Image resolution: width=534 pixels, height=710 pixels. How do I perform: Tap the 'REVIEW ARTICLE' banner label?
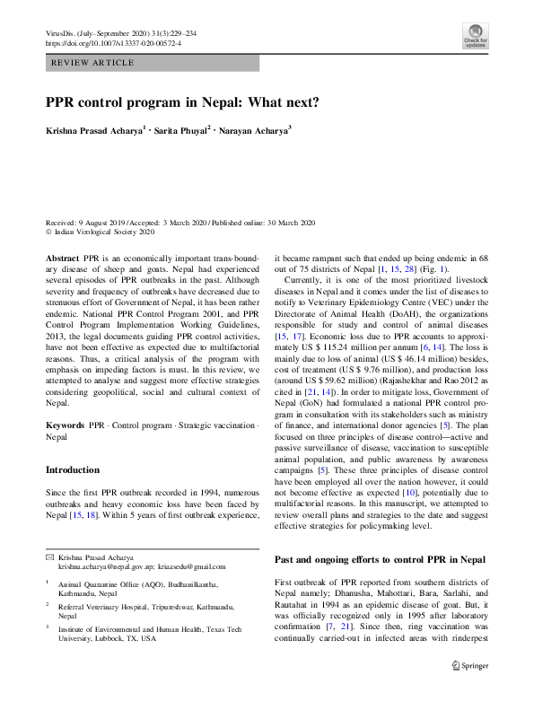93,63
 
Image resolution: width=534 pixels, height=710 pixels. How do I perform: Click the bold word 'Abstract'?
61,257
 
